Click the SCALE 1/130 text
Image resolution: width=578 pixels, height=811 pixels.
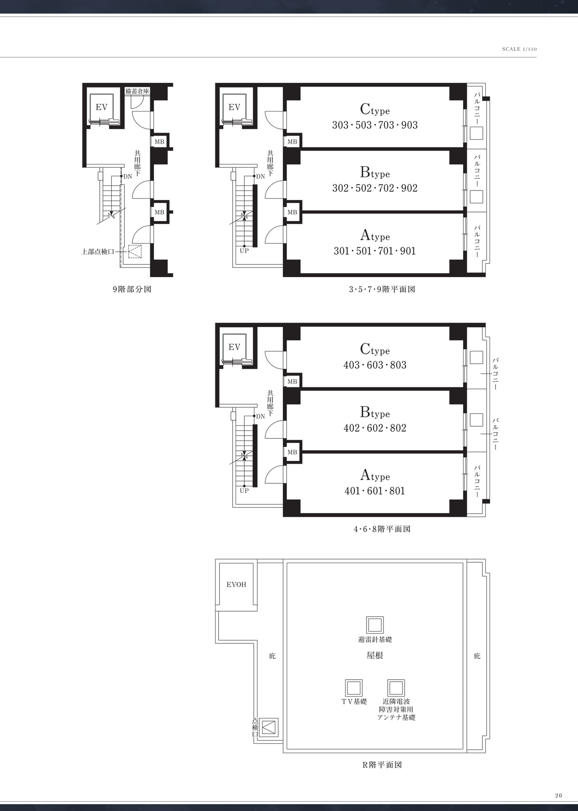[x=519, y=49]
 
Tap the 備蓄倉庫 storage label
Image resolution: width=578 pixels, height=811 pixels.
[x=137, y=91]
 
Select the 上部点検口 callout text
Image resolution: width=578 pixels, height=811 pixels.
[x=98, y=252]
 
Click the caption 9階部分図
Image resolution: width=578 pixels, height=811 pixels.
[x=132, y=289]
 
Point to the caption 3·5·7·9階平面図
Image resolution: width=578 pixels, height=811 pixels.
[x=382, y=289]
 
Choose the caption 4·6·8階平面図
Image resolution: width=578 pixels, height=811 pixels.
[x=382, y=529]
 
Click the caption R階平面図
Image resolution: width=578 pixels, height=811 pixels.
[x=382, y=765]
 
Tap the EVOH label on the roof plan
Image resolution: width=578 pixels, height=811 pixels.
[x=236, y=585]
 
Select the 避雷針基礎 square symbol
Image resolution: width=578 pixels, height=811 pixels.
[x=375, y=625]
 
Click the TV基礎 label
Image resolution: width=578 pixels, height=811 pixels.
[x=354, y=702]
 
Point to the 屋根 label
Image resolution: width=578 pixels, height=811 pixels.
[x=375, y=655]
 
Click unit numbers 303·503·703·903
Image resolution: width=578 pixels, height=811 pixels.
[x=375, y=125]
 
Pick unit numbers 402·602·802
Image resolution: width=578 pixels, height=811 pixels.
[x=375, y=428]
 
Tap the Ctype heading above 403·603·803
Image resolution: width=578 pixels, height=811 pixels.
[x=375, y=349]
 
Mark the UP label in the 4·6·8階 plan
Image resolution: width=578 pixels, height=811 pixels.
[x=244, y=491]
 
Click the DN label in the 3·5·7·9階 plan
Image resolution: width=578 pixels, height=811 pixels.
[x=260, y=177]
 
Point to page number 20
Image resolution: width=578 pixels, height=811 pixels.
[x=559, y=795]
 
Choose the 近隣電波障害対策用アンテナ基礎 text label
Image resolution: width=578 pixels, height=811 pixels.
[x=396, y=710]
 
